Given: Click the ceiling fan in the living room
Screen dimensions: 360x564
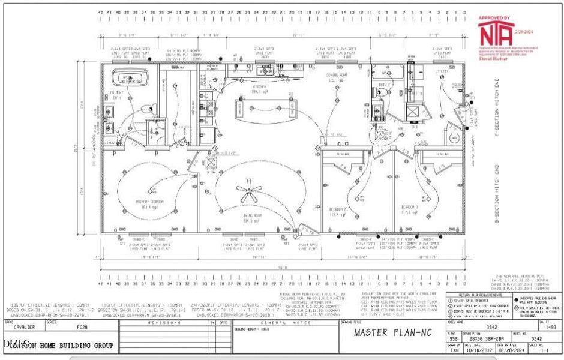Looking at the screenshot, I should (248, 193).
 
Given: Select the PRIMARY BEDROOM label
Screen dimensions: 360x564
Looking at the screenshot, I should (149, 203).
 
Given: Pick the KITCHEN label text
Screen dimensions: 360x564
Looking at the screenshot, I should (259, 88).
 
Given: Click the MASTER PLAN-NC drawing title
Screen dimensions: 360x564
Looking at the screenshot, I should (388, 332).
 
